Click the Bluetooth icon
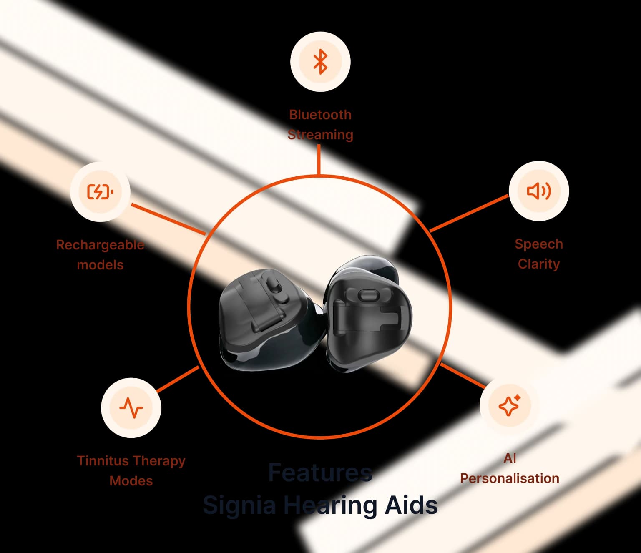tap(320, 62)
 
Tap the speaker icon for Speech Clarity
tap(539, 191)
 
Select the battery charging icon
tap(100, 192)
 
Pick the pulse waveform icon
tap(131, 407)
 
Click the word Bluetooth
tap(320, 115)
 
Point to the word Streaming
tap(320, 135)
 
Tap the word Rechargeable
tap(100, 245)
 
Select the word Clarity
tap(539, 264)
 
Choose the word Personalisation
tap(510, 478)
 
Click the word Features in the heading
tap(320, 473)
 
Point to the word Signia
tap(239, 505)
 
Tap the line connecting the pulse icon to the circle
tap(178, 379)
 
